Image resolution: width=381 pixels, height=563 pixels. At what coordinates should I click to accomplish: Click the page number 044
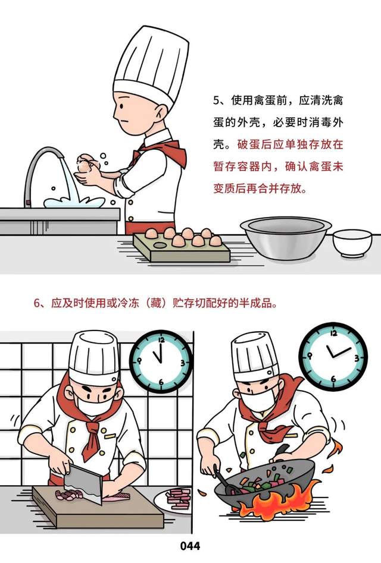point(190,546)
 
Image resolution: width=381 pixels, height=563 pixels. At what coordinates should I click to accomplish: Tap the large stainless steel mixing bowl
point(286,238)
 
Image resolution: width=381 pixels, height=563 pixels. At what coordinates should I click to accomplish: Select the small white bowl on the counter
point(352,243)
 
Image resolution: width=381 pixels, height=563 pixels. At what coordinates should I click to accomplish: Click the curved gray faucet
point(39,169)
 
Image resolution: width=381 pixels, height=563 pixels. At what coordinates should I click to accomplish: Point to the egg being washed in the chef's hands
point(85,164)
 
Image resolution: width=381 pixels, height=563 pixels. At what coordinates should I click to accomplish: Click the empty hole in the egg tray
point(159,246)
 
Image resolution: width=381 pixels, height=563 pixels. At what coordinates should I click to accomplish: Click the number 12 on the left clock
point(161,339)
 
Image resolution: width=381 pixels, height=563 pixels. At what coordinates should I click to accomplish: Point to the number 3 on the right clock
point(357,358)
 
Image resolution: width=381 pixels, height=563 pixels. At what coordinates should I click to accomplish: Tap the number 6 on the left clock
point(161,382)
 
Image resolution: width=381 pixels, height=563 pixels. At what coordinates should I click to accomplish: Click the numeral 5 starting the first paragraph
point(216,100)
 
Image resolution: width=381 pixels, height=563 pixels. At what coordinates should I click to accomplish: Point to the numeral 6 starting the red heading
point(37,303)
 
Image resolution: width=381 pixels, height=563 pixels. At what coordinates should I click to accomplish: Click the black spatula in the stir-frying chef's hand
point(223,477)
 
